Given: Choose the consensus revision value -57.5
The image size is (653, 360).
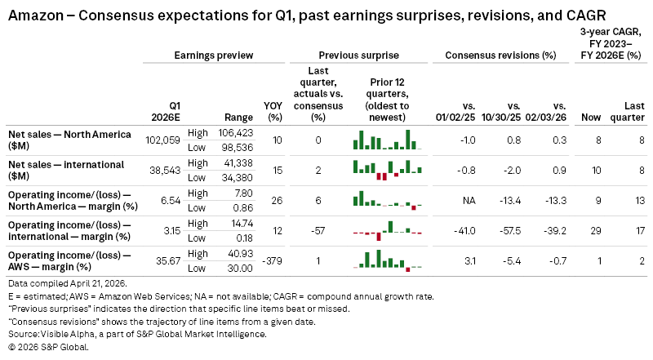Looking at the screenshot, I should (x=508, y=230).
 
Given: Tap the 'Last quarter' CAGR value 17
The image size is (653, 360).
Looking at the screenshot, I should (x=639, y=230).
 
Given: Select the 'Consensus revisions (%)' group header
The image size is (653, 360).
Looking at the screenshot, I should (x=497, y=55).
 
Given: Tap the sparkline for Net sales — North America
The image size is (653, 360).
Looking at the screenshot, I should (x=387, y=140).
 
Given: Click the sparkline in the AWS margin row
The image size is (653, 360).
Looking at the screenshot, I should (x=387, y=259).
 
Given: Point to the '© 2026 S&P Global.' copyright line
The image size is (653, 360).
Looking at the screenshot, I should (x=47, y=347).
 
